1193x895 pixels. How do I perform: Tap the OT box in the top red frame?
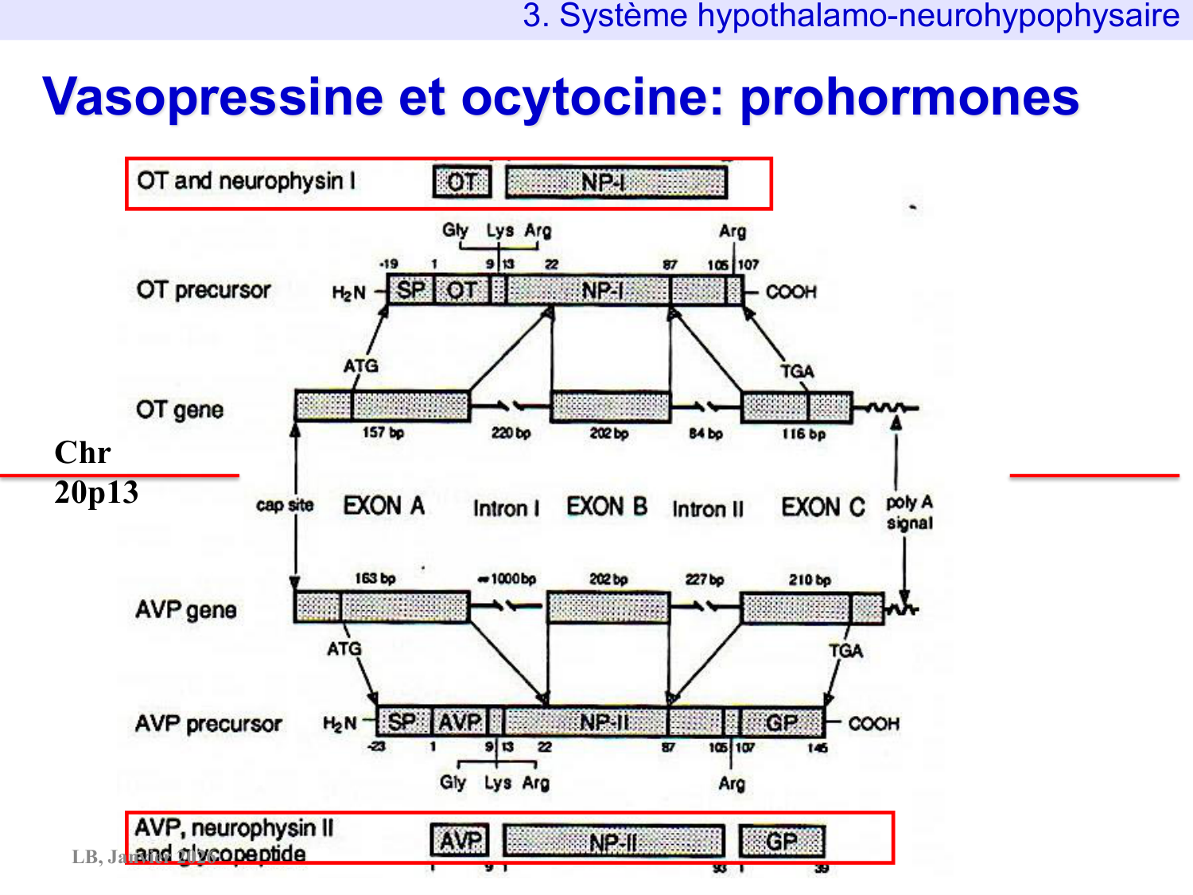pyautogui.click(x=462, y=182)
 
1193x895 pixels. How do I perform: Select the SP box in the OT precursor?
pyautogui.click(x=410, y=290)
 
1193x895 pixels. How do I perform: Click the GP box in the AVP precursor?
pyautogui.click(x=781, y=722)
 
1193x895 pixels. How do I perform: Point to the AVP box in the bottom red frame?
pyautogui.click(x=460, y=840)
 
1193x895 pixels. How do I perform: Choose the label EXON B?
pyautogui.click(x=606, y=507)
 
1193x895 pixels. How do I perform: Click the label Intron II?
pyautogui.click(x=707, y=509)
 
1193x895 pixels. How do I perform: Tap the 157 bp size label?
pyautogui.click(x=383, y=433)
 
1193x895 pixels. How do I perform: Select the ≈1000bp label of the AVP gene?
pyautogui.click(x=507, y=578)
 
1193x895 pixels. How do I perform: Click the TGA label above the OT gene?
pyautogui.click(x=796, y=372)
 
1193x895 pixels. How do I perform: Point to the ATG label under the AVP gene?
pyautogui.click(x=344, y=649)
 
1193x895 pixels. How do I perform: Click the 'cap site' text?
pyautogui.click(x=285, y=505)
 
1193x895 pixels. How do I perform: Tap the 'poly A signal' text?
pyautogui.click(x=909, y=513)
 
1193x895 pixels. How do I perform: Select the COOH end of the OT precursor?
pyautogui.click(x=791, y=292)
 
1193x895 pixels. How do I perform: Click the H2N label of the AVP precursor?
pyautogui.click(x=340, y=724)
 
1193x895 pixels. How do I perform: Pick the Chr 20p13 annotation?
pyautogui.click(x=95, y=473)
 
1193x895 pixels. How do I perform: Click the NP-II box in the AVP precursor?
pyautogui.click(x=604, y=722)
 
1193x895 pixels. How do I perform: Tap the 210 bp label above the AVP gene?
pyautogui.click(x=809, y=580)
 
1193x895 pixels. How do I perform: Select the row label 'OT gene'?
pyautogui.click(x=180, y=410)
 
